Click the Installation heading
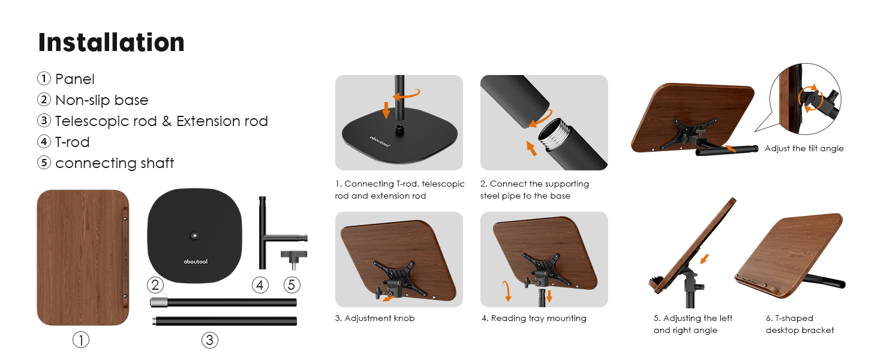[111, 43]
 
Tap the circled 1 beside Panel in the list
[44, 79]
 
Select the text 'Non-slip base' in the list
[101, 100]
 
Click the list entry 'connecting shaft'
[115, 163]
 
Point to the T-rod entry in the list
[72, 142]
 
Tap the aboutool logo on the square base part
[196, 262]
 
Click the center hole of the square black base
[195, 236]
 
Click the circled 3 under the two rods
[209, 340]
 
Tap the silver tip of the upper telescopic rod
[157, 302]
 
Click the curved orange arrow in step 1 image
[408, 94]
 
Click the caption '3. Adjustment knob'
[374, 318]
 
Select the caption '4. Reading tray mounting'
[534, 318]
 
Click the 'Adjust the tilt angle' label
[804, 148]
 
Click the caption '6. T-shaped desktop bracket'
[800, 324]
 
